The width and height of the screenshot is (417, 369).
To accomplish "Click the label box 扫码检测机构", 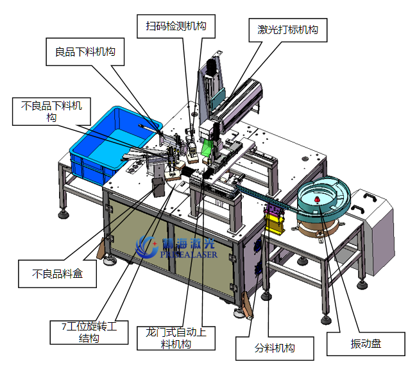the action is (176, 26).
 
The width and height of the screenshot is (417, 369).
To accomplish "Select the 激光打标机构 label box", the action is (288, 30).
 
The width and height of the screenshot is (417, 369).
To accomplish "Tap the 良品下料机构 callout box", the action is (85, 51).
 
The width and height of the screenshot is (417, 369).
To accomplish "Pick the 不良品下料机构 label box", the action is (51, 112).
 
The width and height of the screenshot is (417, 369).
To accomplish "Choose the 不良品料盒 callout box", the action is (57, 274).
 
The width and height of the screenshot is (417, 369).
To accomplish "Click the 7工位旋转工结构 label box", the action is (89, 332).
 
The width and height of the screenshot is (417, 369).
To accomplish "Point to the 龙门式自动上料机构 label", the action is (176, 338).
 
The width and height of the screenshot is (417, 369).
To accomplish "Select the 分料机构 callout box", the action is (275, 348).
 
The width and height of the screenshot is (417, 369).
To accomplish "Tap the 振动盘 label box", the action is (366, 344).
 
